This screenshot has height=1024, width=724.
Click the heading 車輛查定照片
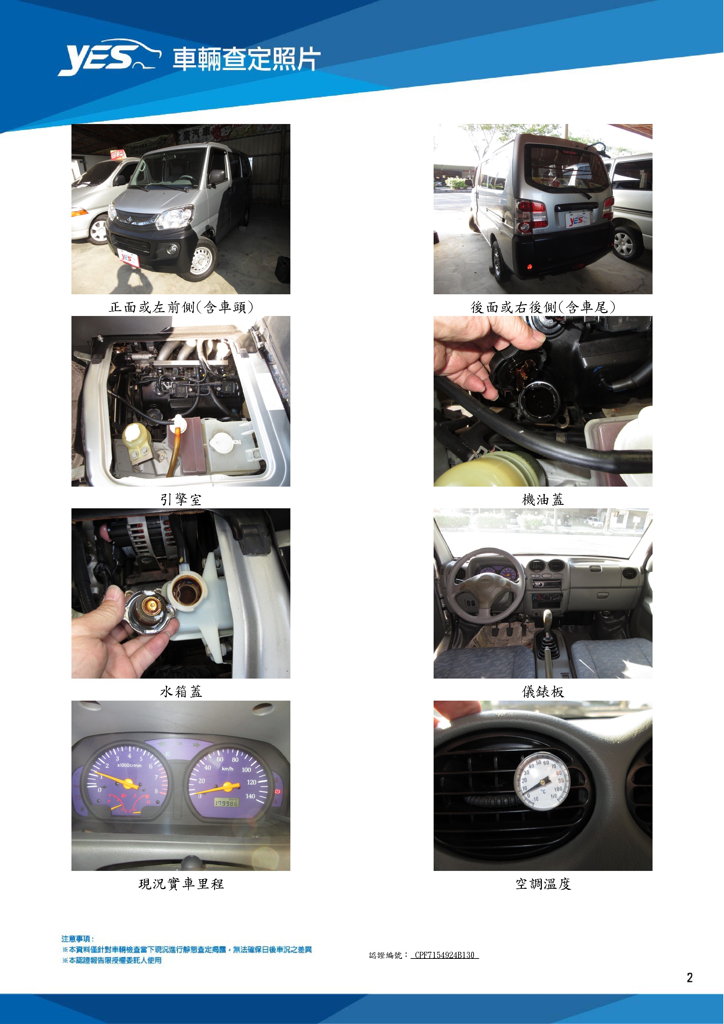click(x=247, y=59)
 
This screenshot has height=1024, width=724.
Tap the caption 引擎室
click(x=181, y=500)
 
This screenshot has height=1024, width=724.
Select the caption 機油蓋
click(x=543, y=500)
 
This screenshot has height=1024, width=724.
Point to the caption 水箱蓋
click(x=181, y=692)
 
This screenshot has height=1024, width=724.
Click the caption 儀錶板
click(x=543, y=692)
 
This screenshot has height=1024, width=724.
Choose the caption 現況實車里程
click(x=181, y=884)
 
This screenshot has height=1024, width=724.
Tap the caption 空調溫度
click(x=543, y=884)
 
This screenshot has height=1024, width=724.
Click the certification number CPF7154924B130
click(x=444, y=955)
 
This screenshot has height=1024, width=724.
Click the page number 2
click(x=690, y=978)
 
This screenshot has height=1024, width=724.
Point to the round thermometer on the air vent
click(x=542, y=781)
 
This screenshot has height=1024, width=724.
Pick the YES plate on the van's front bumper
click(x=128, y=258)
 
